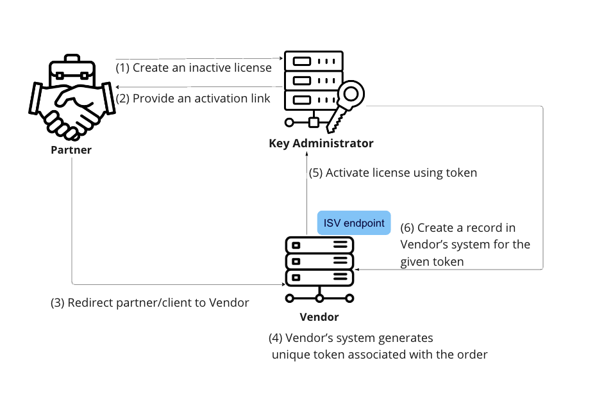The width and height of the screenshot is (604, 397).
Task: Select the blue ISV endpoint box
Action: pos(354,223)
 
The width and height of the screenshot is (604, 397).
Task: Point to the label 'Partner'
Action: pos(71,150)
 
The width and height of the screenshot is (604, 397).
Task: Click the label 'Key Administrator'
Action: pos(321,143)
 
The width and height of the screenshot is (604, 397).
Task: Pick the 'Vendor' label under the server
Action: pos(319,317)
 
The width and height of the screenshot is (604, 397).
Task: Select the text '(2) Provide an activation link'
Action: pos(193,99)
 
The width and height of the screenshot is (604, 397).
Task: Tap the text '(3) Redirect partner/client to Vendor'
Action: pos(150,303)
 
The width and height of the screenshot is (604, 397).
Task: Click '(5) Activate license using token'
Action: pos(393,173)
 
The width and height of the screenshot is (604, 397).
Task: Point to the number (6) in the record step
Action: pos(407,228)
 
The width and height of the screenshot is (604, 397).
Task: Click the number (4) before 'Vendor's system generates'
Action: pos(276,338)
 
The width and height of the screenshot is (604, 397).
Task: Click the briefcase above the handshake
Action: pos(71,68)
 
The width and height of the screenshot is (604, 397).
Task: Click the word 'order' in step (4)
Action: pos(472,354)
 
